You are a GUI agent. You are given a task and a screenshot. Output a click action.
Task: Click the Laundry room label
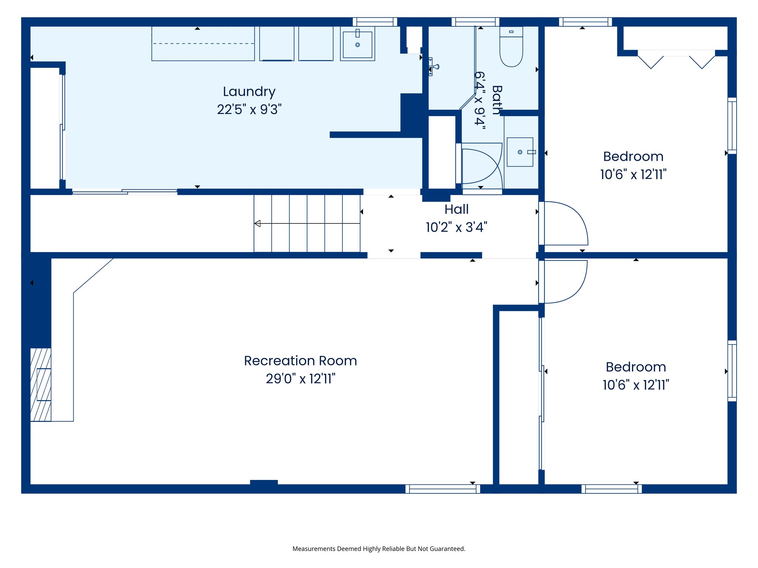tap(249, 92)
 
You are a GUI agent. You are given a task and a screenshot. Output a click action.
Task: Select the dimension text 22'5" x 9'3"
tap(249, 109)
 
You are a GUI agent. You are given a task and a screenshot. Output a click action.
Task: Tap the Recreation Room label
tap(300, 361)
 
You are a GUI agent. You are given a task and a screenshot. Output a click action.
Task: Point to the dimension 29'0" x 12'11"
tap(300, 379)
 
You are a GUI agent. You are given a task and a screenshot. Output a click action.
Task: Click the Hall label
tap(456, 209)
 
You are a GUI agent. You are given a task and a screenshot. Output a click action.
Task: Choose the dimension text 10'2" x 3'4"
tap(456, 227)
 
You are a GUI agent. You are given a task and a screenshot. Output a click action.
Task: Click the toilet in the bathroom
tap(511, 47)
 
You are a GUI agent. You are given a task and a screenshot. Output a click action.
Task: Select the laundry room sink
tap(357, 44)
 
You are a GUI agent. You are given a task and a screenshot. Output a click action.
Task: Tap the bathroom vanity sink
tap(520, 152)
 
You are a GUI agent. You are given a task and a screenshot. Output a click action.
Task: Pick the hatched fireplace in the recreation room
tap(40, 385)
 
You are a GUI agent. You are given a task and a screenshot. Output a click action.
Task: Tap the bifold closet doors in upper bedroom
tap(676, 60)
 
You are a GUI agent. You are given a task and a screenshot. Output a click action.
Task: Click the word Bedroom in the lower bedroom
tap(635, 367)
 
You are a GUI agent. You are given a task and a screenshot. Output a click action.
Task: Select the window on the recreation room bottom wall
tap(443, 488)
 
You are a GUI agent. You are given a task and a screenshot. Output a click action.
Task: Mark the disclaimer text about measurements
tap(379, 549)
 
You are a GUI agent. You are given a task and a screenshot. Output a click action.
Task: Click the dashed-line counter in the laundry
tap(203, 44)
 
